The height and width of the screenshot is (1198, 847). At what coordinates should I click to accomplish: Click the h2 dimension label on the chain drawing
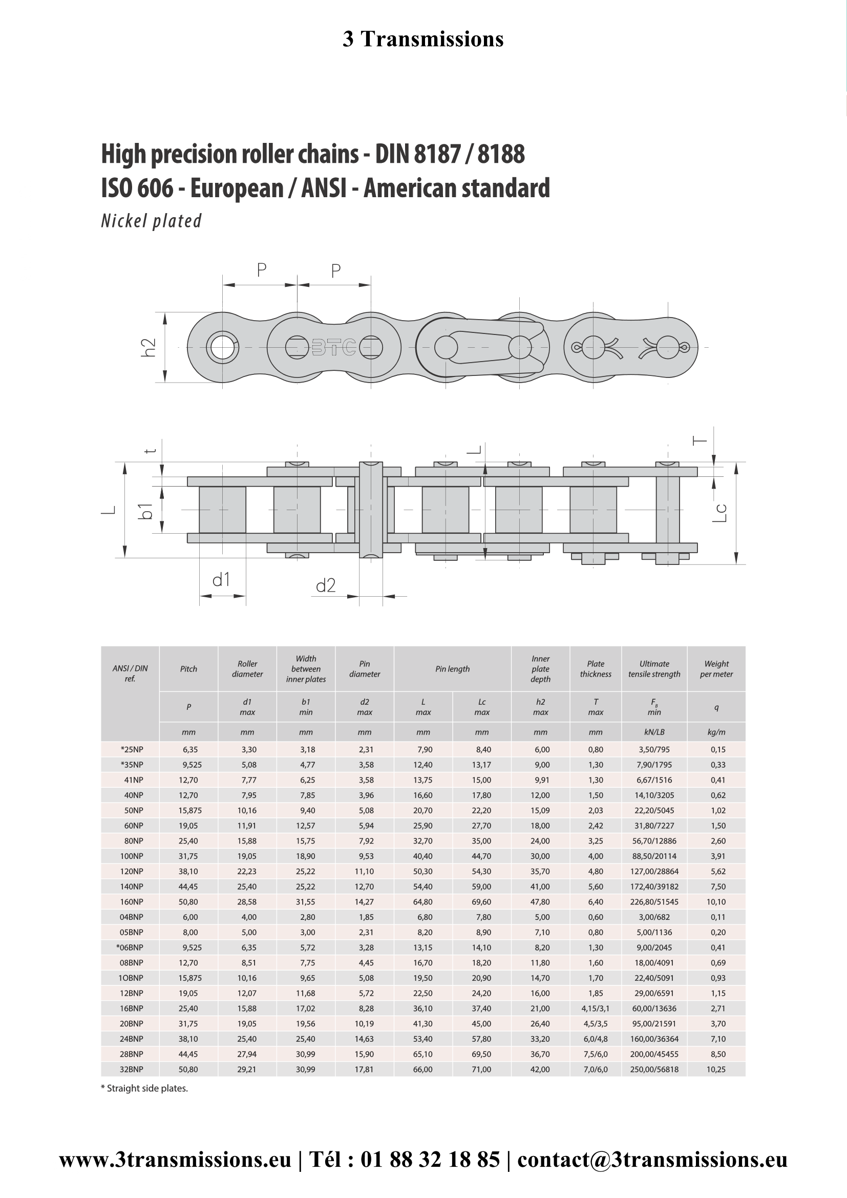click(149, 347)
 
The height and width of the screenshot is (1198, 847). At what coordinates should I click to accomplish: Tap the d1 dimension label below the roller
click(221, 579)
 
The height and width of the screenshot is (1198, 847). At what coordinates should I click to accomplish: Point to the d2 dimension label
click(326, 585)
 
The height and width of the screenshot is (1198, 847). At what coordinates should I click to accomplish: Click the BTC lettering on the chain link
click(334, 347)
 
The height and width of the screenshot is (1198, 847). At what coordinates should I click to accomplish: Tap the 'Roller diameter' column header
click(247, 669)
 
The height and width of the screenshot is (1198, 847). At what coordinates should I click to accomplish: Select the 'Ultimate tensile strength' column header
click(654, 669)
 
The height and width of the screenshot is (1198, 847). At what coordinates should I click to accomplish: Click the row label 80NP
click(132, 841)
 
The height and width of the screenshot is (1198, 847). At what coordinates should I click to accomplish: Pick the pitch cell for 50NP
click(189, 810)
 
